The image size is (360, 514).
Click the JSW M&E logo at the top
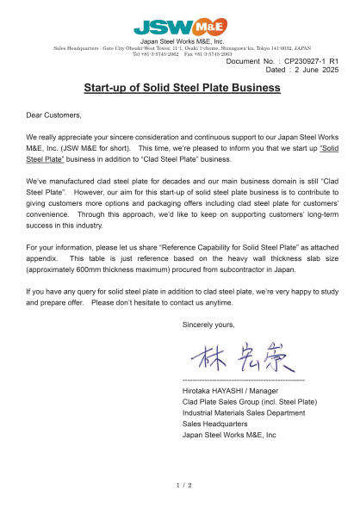point(180,26)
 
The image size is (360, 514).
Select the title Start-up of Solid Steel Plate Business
point(180,88)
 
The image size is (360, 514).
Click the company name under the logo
point(181,40)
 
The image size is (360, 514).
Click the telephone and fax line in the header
point(181,53)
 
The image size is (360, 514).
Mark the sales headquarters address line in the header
point(181,48)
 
